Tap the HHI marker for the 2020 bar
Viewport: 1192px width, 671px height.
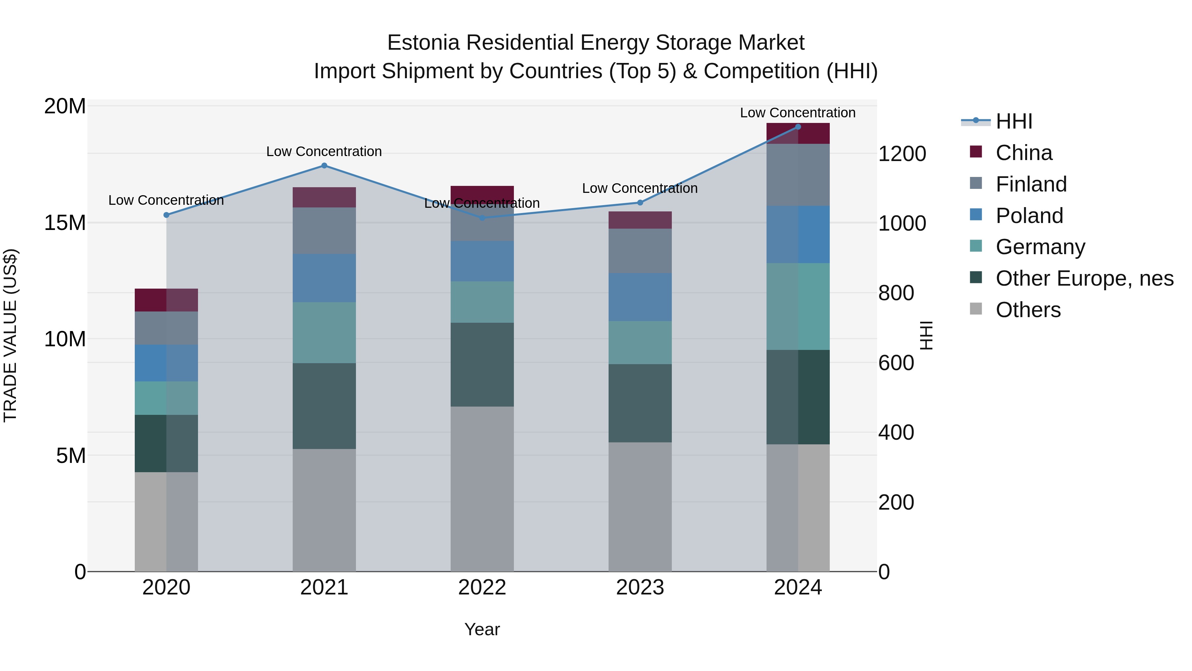pyautogui.click(x=167, y=215)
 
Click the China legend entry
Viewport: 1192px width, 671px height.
pyautogui.click(x=1023, y=153)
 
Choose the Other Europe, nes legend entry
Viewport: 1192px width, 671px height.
pyautogui.click(x=1084, y=279)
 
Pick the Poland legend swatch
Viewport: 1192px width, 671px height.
pyautogui.click(x=975, y=215)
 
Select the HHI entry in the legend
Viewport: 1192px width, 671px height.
pyautogui.click(x=1014, y=121)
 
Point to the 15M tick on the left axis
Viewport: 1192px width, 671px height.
pyautogui.click(x=65, y=223)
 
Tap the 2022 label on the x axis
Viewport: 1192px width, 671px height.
pyautogui.click(x=482, y=587)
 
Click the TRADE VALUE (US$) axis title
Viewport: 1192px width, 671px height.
pyautogui.click(x=10, y=335)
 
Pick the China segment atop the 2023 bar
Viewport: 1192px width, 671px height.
pyautogui.click(x=640, y=220)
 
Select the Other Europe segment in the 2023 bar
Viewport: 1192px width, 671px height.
pyautogui.click(x=640, y=403)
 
